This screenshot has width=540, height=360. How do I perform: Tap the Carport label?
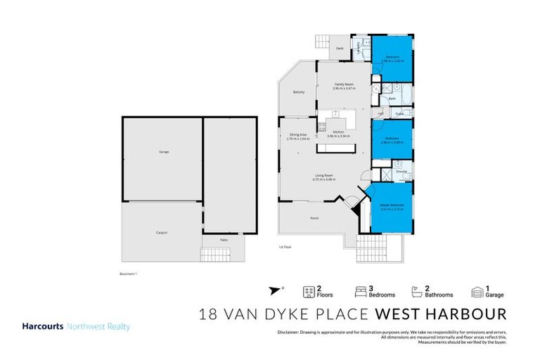tap(161, 233)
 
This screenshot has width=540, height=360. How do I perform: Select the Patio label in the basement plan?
tap(224, 240)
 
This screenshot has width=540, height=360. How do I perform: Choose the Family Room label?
tap(344, 84)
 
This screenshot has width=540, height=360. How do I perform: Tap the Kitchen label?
tap(338, 131)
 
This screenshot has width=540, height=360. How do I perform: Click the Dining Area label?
tap(297, 134)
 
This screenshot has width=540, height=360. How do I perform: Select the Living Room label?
tap(323, 175)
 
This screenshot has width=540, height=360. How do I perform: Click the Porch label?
tap(314, 218)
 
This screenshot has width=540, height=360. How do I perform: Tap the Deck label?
tap(339, 49)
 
